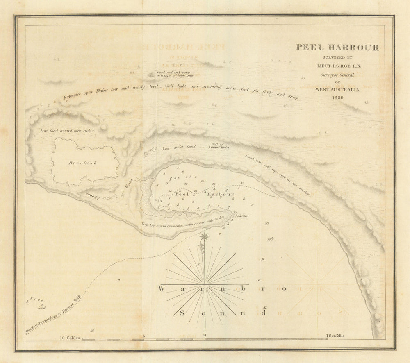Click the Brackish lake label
[83, 163]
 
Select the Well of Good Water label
[220, 146]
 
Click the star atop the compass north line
[204, 236]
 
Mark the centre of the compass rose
[205, 284]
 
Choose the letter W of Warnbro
[162, 288]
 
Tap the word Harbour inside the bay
[220, 194]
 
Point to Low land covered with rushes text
[67, 131]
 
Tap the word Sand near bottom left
[40, 306]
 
